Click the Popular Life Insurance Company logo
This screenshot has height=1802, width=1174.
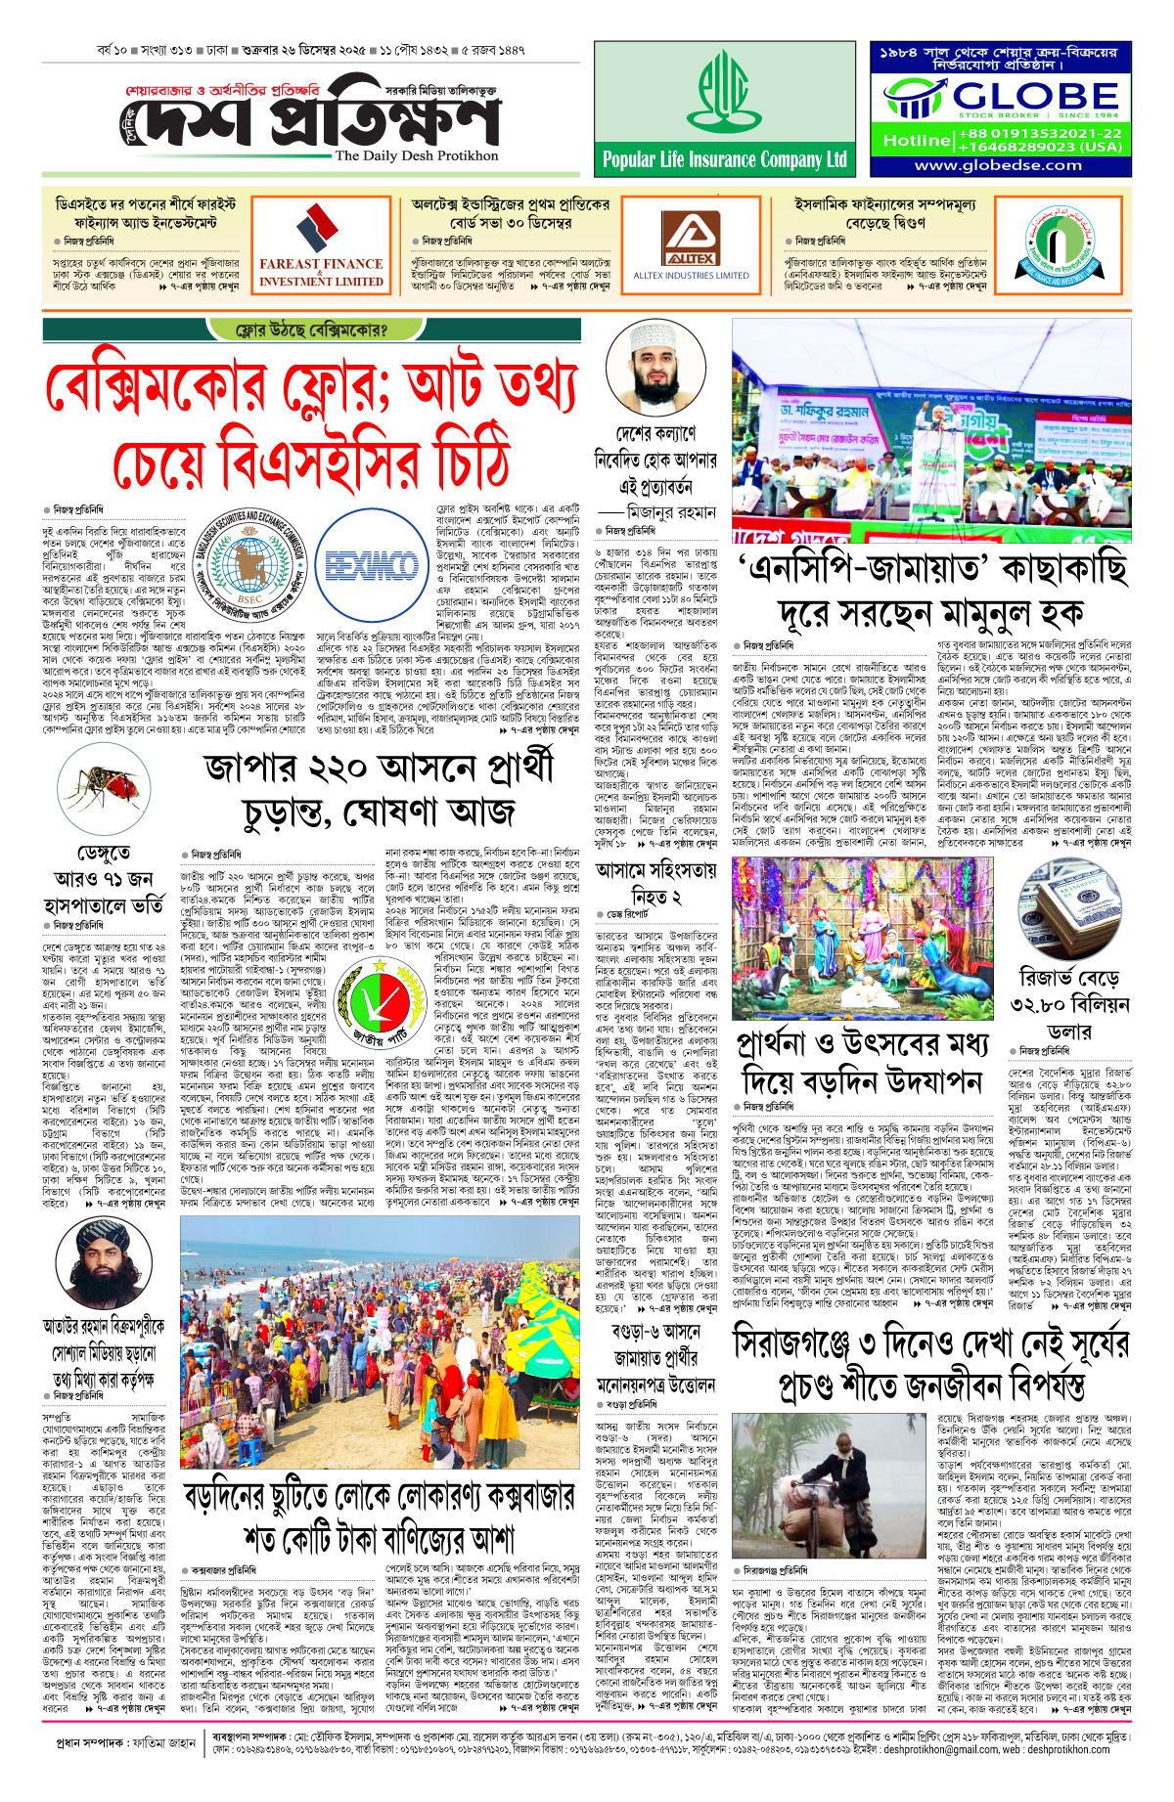pos(724,91)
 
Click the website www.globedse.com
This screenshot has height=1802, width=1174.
pos(998,165)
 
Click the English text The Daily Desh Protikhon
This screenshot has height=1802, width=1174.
pos(416,155)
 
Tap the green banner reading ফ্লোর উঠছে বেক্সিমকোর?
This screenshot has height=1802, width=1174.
pos(311,330)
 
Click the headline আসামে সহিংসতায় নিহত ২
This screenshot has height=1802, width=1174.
pos(655,884)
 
